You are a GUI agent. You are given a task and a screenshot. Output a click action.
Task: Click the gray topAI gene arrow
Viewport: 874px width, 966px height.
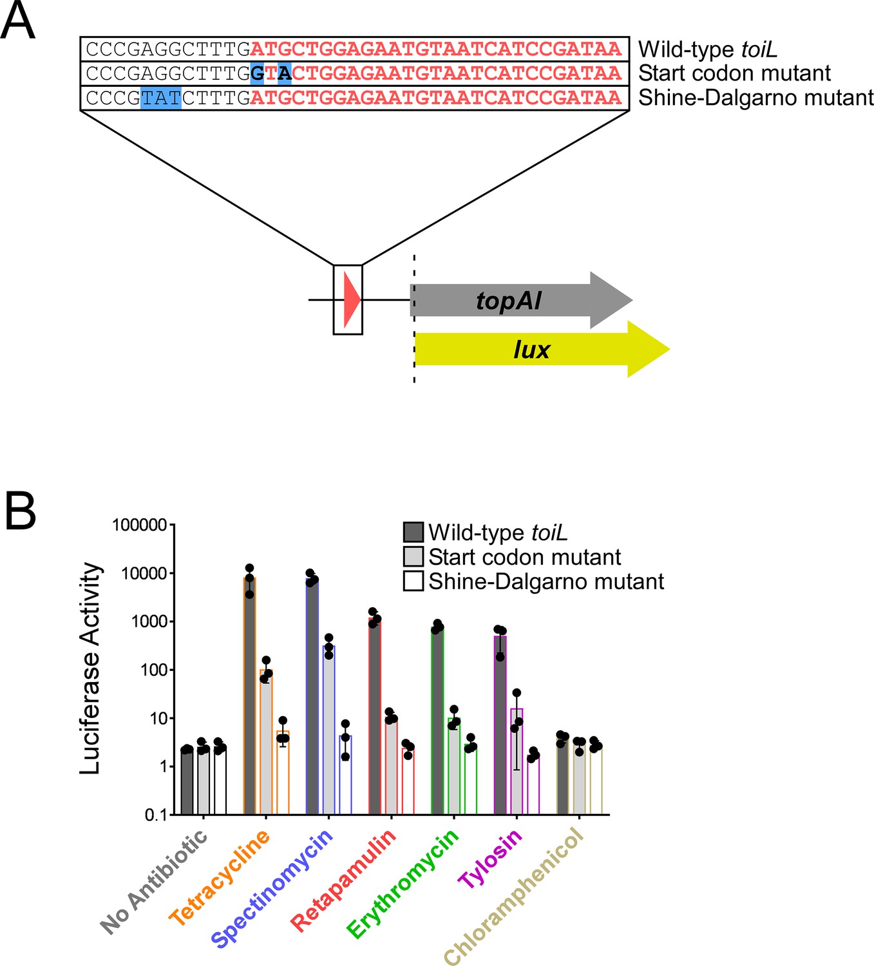tap(520, 300)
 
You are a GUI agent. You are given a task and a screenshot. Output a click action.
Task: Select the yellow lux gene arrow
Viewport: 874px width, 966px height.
tap(542, 349)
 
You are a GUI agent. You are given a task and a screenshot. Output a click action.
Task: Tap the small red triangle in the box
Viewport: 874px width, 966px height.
tap(352, 299)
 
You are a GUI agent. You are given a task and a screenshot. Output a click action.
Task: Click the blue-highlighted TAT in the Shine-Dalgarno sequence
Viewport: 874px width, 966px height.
tap(161, 98)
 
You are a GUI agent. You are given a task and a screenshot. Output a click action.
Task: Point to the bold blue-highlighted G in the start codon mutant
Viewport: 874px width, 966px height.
tap(257, 73)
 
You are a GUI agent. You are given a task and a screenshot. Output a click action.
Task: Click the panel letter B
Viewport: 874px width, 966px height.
tap(20, 511)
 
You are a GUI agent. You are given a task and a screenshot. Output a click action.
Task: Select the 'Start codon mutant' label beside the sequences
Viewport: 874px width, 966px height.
tap(734, 73)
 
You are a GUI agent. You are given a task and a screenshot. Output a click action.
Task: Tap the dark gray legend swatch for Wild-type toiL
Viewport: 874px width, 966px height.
tap(413, 532)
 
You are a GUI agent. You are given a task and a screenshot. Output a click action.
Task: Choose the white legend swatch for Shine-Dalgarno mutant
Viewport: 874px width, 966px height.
tap(413, 581)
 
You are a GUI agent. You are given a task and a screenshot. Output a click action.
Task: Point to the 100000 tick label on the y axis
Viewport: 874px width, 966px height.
tap(140, 524)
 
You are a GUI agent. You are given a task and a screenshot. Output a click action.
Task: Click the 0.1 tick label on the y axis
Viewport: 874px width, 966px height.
tap(156, 815)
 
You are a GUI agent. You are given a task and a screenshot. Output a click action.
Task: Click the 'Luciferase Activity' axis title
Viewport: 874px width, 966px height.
tap(90, 668)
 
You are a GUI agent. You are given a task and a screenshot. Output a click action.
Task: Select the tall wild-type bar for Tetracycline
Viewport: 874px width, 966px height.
tap(250, 696)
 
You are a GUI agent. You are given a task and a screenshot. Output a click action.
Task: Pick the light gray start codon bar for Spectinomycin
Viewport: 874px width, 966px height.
tap(328, 730)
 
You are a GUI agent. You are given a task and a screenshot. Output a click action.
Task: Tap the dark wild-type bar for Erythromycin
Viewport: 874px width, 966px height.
tap(437, 721)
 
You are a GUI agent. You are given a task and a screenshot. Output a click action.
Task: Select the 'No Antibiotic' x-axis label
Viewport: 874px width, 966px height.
tap(154, 882)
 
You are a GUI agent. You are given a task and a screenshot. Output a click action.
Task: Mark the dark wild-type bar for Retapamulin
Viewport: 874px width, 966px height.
tap(375, 716)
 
